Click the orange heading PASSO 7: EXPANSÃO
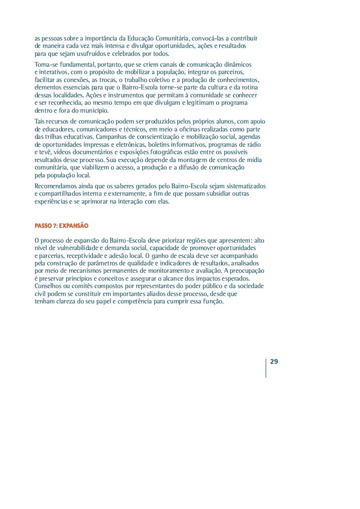(61, 225)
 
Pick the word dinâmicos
(237, 65)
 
